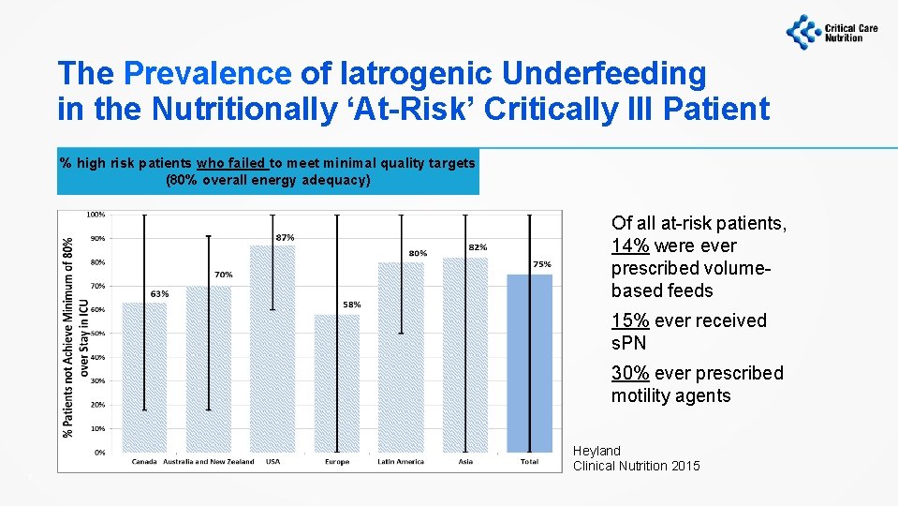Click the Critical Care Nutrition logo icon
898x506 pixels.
[x=802, y=31]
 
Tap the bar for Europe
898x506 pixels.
[x=336, y=383]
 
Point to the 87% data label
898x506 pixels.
[x=285, y=237]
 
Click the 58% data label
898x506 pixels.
[x=351, y=305]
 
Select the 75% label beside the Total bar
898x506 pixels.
[x=542, y=265]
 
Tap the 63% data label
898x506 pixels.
[x=159, y=293]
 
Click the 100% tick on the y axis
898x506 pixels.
[x=96, y=215]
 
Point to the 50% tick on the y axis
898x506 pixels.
[x=97, y=334]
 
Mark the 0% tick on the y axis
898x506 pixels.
[x=99, y=453]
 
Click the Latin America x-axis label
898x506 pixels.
[x=400, y=462]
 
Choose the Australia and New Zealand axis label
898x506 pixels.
[x=208, y=462]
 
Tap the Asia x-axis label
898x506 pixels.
[x=465, y=462]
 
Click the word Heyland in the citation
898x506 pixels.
[x=596, y=451]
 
